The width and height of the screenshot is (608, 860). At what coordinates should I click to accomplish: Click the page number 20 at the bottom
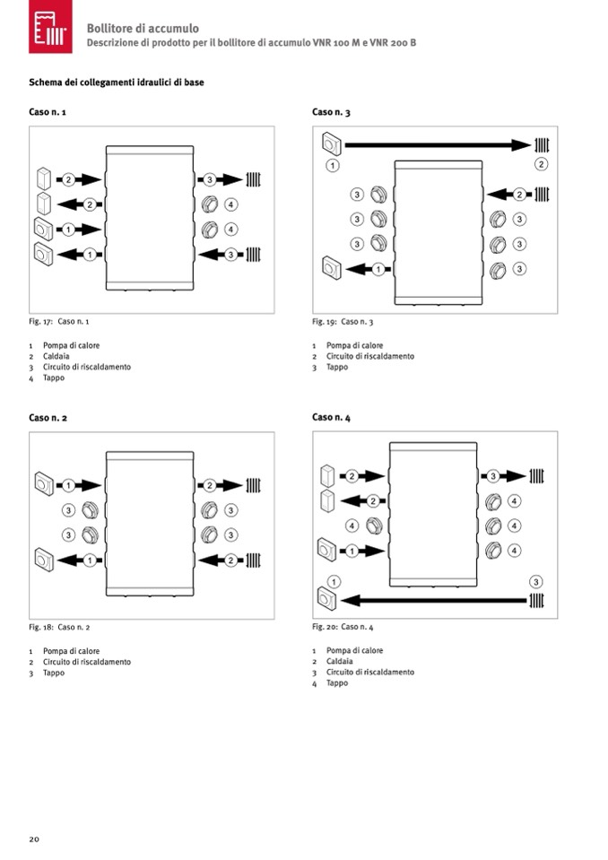coord(34,838)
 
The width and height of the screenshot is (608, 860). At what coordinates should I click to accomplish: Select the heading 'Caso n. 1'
coord(48,112)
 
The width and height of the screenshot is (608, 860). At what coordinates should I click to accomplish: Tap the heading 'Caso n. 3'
coord(331,112)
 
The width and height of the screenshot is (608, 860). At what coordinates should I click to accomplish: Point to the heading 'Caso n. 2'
coord(48,418)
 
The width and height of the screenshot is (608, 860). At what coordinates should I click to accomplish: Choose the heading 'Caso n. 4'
coord(331,418)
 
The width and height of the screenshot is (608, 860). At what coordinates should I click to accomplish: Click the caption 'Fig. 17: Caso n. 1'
coord(59,321)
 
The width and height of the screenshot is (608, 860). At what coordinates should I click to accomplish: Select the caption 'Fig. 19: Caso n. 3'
coord(343,321)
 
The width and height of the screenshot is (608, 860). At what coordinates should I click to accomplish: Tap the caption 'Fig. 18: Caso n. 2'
coord(59,627)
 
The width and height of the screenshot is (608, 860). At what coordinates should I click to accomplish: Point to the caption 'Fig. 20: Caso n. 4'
coord(343,627)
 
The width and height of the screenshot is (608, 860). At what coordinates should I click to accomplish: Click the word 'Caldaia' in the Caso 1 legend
coord(56,356)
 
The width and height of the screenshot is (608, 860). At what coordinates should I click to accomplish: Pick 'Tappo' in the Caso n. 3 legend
coord(337,367)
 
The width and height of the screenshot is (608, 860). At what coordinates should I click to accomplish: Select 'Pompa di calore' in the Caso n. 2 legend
coord(71,651)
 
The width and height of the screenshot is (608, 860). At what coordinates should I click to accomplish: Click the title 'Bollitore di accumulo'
coord(143,29)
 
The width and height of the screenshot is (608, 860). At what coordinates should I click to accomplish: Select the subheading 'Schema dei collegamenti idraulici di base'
coord(117,83)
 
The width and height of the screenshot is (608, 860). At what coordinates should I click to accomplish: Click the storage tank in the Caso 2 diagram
coord(150,524)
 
